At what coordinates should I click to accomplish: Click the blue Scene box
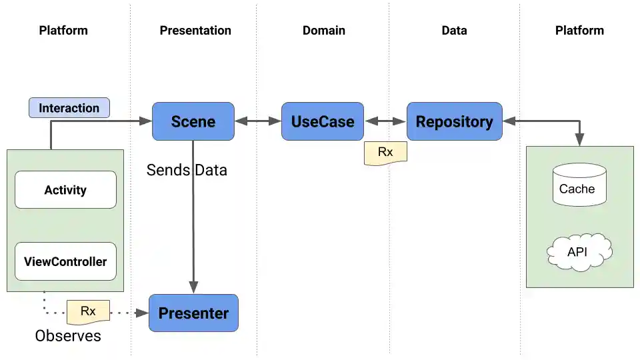pyautogui.click(x=193, y=121)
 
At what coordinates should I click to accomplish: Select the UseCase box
pyautogui.click(x=323, y=121)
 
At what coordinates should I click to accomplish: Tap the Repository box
pyautogui.click(x=454, y=121)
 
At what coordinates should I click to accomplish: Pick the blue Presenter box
pyautogui.click(x=193, y=313)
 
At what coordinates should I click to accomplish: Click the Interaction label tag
pyautogui.click(x=69, y=108)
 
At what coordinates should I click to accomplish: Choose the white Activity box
pyautogui.click(x=65, y=190)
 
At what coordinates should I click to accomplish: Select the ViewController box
pyautogui.click(x=65, y=262)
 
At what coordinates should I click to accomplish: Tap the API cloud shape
pyautogui.click(x=578, y=251)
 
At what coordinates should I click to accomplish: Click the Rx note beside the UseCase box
pyautogui.click(x=385, y=153)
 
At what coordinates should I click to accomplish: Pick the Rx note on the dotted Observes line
pyautogui.click(x=88, y=311)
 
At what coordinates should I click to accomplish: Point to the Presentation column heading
pyautogui.click(x=195, y=31)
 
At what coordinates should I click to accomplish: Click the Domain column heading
pyautogui.click(x=324, y=31)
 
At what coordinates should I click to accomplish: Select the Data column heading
pyautogui.click(x=454, y=31)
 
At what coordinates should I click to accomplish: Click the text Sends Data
pyautogui.click(x=187, y=171)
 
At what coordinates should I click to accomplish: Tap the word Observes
pyautogui.click(x=68, y=336)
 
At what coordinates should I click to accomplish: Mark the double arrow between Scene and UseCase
pyautogui.click(x=258, y=121)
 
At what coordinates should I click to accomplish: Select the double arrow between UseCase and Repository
pyautogui.click(x=385, y=121)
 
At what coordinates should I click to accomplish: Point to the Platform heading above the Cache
pyautogui.click(x=579, y=31)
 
